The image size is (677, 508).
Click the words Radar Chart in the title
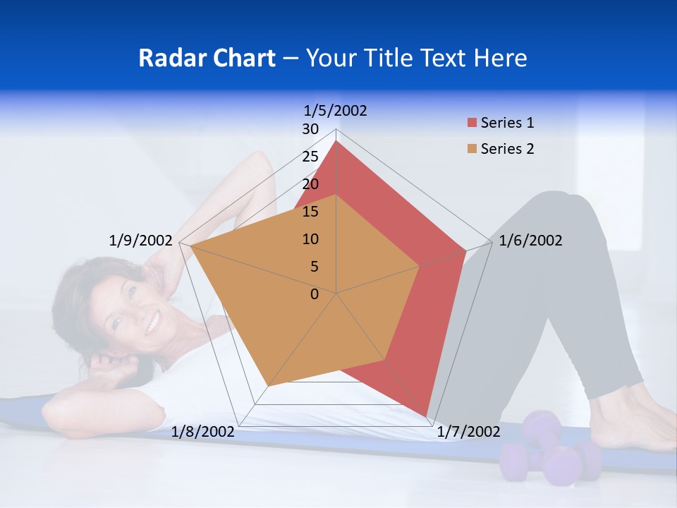[x=207, y=58]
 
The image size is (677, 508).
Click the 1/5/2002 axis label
[x=336, y=110]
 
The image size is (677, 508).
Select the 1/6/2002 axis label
[x=530, y=241]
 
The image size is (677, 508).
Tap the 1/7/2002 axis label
[x=468, y=432]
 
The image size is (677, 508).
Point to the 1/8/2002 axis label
[x=203, y=432]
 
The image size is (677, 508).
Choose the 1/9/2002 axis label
[x=141, y=241]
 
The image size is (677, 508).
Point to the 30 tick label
[x=310, y=129]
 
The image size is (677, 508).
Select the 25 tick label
[x=310, y=157]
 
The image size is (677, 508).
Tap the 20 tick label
[x=310, y=184]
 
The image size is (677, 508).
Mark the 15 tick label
[x=310, y=212]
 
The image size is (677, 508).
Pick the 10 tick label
[x=310, y=239]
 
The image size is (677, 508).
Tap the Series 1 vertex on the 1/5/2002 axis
[x=336, y=141]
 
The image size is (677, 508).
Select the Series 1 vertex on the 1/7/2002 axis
[x=426, y=416]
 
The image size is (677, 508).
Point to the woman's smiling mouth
[x=152, y=323]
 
